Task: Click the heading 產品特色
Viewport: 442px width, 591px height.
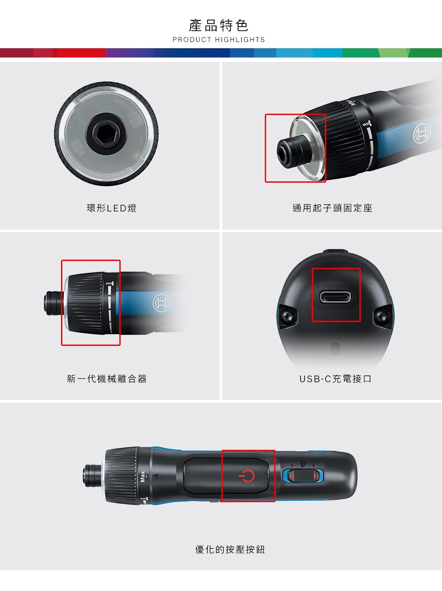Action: [x=218, y=26]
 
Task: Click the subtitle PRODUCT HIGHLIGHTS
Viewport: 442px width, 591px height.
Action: [x=219, y=40]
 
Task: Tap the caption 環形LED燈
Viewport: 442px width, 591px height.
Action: [x=112, y=208]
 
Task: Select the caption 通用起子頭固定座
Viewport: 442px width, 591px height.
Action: [x=332, y=208]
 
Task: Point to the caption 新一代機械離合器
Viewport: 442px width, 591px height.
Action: [x=107, y=379]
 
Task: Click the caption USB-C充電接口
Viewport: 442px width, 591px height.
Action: [x=335, y=379]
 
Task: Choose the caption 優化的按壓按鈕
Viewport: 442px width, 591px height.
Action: [x=230, y=549]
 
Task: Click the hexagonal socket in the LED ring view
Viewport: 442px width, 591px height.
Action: [x=106, y=134]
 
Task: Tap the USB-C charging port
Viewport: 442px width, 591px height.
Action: [x=335, y=297]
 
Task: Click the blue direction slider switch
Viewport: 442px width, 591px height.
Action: [x=303, y=476]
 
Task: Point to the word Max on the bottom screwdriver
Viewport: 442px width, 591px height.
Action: [x=143, y=476]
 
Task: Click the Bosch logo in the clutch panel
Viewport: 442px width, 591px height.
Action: [x=161, y=303]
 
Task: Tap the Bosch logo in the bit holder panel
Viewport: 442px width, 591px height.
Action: [x=422, y=133]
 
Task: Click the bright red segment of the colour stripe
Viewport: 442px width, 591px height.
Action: [x=81, y=53]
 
